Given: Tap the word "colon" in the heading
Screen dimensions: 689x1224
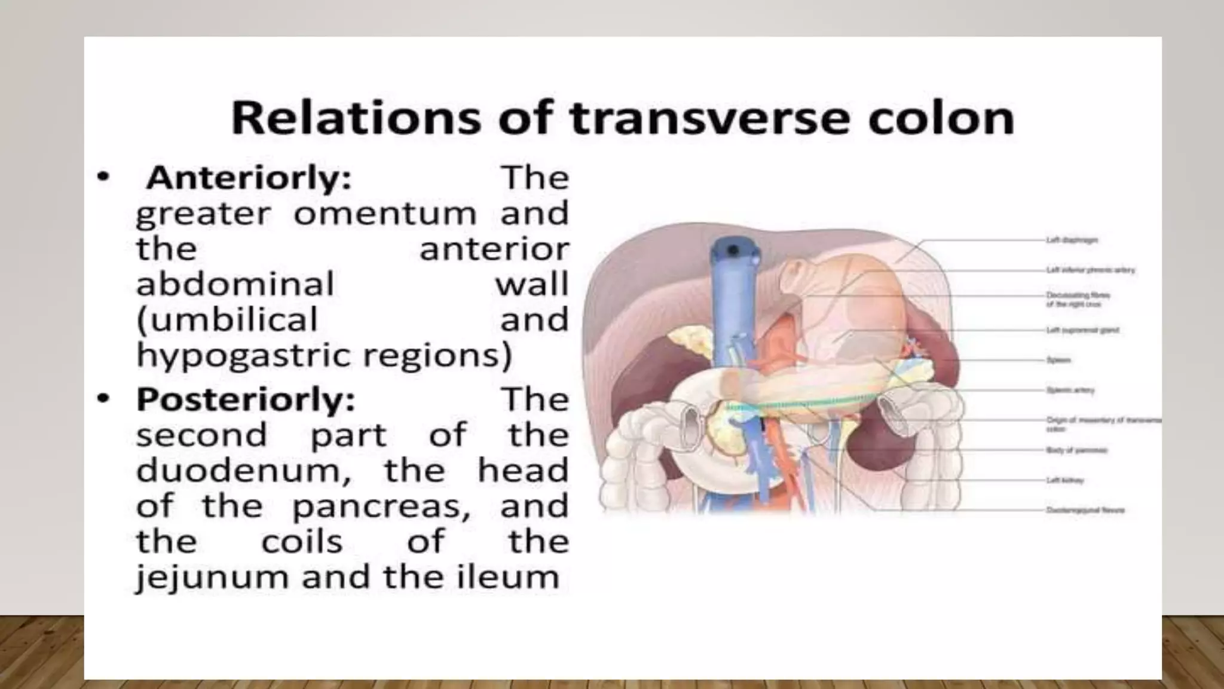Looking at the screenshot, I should click(x=941, y=118).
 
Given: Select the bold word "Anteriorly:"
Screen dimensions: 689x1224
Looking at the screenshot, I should click(x=249, y=178).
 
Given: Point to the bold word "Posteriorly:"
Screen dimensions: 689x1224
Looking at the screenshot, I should click(x=246, y=399).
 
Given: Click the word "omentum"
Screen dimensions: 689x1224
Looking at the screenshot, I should click(x=385, y=214).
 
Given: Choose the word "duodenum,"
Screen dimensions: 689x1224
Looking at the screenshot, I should click(x=244, y=471).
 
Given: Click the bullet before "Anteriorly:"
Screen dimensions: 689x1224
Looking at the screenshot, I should click(x=103, y=177).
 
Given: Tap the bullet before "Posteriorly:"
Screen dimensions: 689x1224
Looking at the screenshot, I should click(x=103, y=398).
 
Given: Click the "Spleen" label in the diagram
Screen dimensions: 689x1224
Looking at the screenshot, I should click(x=1058, y=360).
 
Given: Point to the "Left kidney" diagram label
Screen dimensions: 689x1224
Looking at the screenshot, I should click(x=1065, y=480).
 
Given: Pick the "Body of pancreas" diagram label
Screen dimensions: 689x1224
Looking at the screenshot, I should click(x=1077, y=450).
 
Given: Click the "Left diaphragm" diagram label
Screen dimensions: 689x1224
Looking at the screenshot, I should click(x=1072, y=240).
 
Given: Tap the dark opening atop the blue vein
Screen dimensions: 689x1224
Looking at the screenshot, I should click(x=733, y=249).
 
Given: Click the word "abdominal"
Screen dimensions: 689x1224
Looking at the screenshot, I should click(x=235, y=284).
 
